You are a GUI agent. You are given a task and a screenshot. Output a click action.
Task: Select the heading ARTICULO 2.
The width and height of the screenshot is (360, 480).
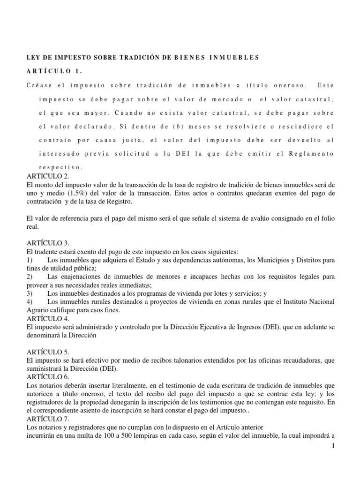[48, 176]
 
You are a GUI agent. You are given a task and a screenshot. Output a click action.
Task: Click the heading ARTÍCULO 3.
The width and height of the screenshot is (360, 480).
[49, 243]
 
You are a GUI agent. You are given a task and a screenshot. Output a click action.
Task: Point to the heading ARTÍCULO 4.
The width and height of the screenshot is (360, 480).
[49, 317]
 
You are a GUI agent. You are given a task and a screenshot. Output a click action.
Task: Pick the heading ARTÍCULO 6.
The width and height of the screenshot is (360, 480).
[49, 376]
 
